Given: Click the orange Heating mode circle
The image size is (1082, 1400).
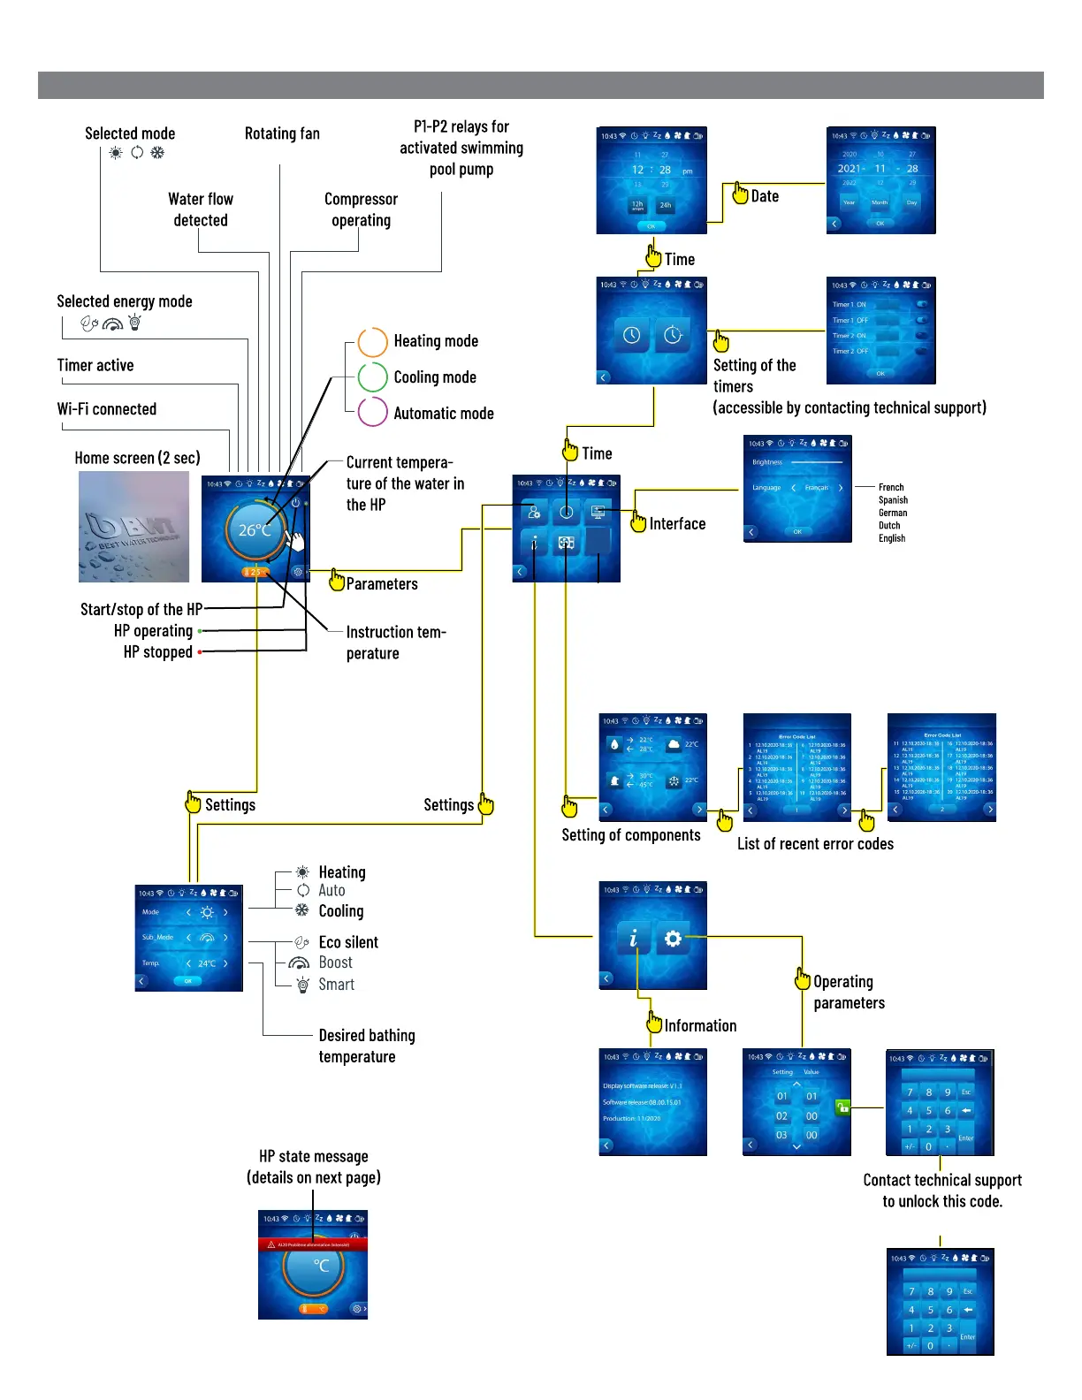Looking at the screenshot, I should click(x=373, y=342).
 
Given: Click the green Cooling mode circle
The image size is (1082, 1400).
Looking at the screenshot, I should click(x=373, y=377).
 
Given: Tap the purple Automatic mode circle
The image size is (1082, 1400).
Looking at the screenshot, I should click(x=373, y=412).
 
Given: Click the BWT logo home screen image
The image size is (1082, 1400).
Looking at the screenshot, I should click(x=133, y=527).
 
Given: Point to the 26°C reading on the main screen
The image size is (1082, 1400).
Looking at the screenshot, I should click(x=255, y=530).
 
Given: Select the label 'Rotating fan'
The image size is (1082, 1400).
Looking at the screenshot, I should click(x=282, y=133).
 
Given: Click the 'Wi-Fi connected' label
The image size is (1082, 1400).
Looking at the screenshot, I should click(x=107, y=409).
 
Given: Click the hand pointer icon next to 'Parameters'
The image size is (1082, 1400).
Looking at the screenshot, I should click(x=337, y=580).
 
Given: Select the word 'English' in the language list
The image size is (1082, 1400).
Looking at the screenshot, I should click(x=892, y=538).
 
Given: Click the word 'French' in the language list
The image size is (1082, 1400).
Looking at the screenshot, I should click(x=891, y=487).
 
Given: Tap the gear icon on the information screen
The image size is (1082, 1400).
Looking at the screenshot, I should click(x=673, y=938).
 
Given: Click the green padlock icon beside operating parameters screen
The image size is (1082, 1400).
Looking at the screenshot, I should click(x=842, y=1106).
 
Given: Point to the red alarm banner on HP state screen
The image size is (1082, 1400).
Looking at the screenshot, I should click(x=313, y=1244).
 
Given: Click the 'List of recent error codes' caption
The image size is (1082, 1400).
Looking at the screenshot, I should click(x=815, y=844).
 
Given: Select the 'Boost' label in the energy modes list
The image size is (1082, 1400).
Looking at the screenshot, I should click(x=335, y=962).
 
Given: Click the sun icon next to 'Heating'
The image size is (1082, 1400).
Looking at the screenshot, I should click(x=303, y=871).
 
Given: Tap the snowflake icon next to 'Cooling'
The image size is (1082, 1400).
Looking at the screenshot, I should click(x=302, y=910).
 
